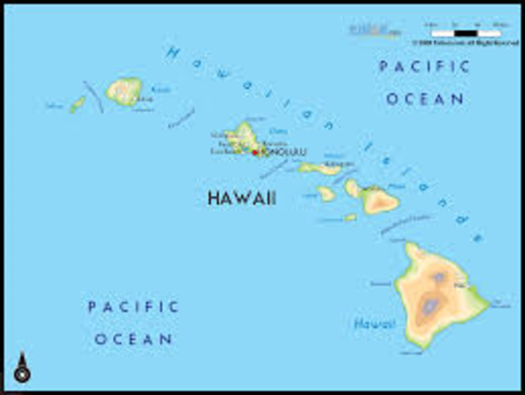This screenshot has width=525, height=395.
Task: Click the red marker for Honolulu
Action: click(x=255, y=152)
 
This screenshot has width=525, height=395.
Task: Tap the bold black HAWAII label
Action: click(x=241, y=198)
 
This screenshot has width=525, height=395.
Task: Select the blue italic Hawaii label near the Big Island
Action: click(x=374, y=324)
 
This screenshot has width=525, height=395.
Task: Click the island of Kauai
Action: click(x=123, y=91)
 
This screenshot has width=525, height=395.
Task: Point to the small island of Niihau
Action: click(x=77, y=105)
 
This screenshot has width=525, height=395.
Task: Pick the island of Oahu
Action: click(x=244, y=137)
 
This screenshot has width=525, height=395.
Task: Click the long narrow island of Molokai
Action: click(x=321, y=169)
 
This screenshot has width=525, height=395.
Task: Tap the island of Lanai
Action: click(x=327, y=193)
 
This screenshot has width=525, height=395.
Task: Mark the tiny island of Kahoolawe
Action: click(x=351, y=217)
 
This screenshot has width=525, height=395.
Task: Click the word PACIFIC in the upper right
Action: click(x=424, y=67)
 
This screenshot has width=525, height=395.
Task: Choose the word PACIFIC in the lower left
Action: click(x=133, y=307)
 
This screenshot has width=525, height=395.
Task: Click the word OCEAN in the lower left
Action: click(x=133, y=338)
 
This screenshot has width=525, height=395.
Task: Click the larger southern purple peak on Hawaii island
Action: click(x=430, y=307)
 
